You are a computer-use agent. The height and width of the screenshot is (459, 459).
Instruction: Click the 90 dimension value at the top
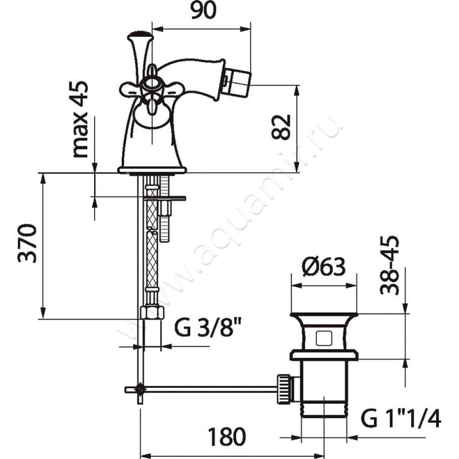coord(204,11)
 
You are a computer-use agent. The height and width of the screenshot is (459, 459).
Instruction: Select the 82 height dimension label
coord(281,127)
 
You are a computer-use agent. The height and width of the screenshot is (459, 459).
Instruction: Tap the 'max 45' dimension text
coord(80,119)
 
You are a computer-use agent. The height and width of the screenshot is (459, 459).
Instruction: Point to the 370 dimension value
coord(27,243)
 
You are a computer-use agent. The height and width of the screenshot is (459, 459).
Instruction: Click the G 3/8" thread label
coord(208,328)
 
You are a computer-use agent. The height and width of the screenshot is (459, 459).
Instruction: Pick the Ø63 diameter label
coord(324,267)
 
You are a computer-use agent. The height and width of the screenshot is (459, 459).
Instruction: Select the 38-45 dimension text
coord(390,265)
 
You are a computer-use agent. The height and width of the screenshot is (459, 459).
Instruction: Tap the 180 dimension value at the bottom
coord(227,437)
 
